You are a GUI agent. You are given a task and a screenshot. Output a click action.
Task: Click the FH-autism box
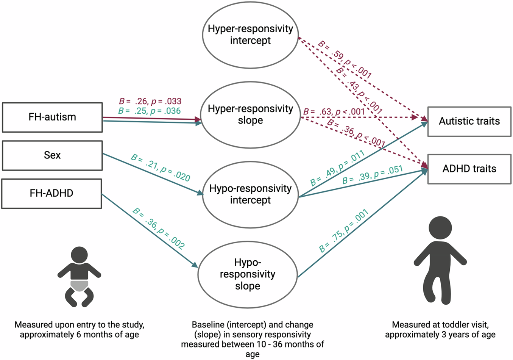(52, 117)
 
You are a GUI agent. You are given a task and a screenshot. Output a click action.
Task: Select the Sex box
(52, 155)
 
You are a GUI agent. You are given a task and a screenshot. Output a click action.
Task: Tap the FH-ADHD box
(51, 193)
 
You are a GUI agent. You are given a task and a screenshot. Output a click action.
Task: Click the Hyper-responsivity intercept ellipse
(250, 34)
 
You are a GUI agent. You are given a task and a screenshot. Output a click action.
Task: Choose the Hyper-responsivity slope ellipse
(250, 115)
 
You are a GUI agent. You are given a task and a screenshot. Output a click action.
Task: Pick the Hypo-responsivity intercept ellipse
(250, 194)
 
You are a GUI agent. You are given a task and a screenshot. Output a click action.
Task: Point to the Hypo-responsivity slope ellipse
(248, 274)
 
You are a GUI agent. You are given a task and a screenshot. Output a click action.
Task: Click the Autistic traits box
(469, 121)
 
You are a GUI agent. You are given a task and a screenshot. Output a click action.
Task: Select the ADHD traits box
(469, 169)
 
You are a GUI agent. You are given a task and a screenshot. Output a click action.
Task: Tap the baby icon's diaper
(79, 285)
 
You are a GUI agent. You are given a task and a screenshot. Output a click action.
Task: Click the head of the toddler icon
(440, 228)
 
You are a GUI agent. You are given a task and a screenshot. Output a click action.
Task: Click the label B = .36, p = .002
(159, 229)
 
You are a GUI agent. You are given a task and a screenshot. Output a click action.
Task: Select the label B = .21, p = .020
(161, 167)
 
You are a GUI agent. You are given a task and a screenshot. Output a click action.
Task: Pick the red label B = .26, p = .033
(150, 101)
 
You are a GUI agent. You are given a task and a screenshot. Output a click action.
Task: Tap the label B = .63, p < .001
(334, 112)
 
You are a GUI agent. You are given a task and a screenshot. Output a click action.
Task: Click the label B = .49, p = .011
(337, 168)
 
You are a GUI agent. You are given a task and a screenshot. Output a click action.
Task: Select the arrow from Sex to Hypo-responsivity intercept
(151, 174)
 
